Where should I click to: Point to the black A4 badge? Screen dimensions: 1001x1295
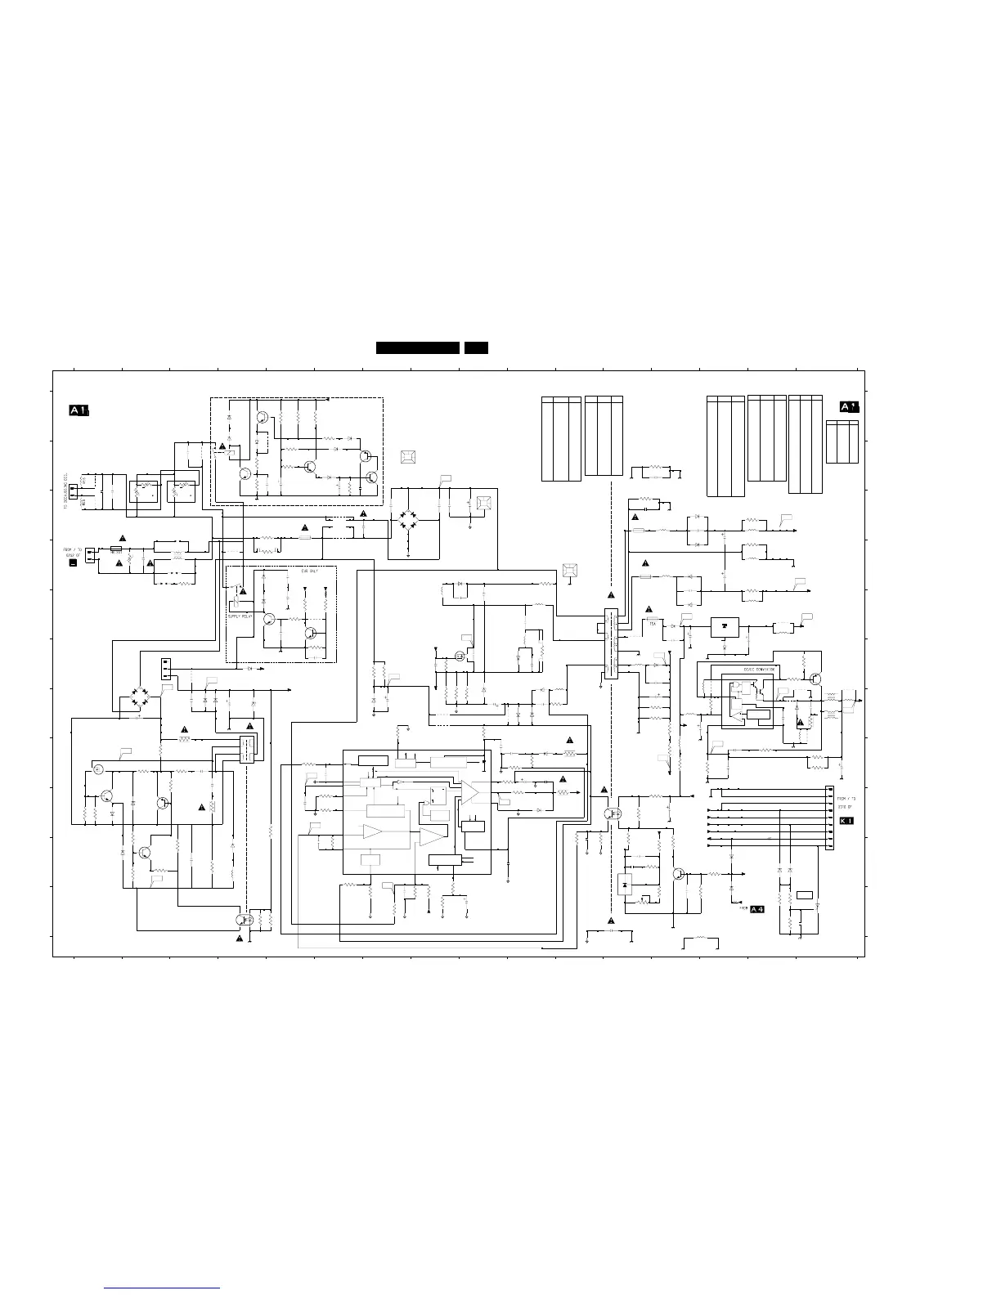tap(756, 909)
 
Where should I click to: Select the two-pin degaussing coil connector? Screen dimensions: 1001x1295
tap(73, 491)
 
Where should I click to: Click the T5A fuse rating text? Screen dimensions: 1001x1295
tap(653, 622)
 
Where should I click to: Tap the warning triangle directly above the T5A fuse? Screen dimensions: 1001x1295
tap(649, 609)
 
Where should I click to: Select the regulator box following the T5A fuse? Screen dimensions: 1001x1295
tap(723, 627)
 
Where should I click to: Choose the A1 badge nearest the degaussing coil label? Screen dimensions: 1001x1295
tap(79, 410)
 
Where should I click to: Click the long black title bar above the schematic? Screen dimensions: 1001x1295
tap(417, 348)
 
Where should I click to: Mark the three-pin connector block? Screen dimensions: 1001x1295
tap(166, 668)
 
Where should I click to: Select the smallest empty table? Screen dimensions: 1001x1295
tap(842, 441)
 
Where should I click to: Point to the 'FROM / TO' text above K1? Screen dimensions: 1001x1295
tap(846, 798)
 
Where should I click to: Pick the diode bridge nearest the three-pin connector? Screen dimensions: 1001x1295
tap(145, 699)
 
